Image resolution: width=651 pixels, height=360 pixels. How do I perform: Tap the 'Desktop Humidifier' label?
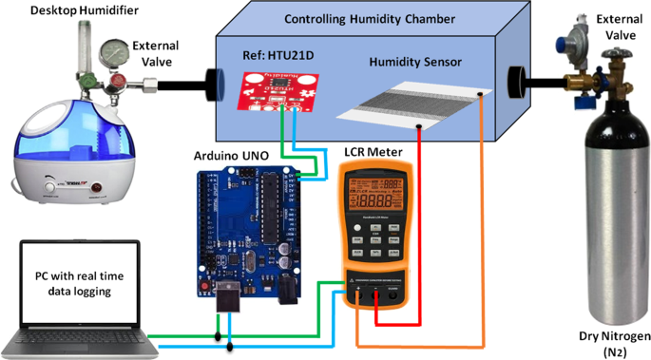(x=58, y=10)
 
